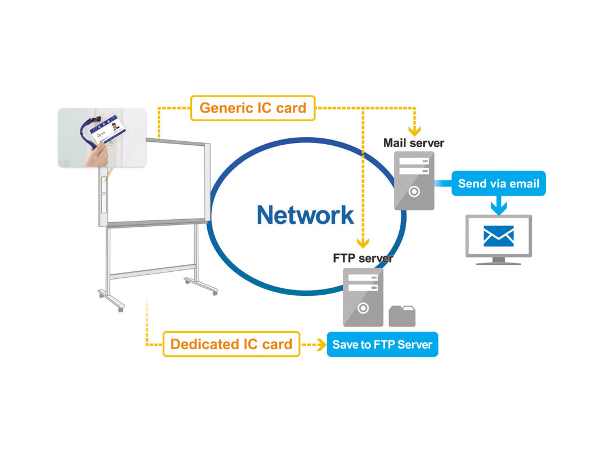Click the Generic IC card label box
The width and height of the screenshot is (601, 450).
click(253, 108)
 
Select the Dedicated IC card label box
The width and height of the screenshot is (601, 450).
click(231, 345)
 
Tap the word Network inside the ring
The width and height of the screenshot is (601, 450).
click(305, 215)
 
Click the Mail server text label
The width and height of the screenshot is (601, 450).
click(414, 142)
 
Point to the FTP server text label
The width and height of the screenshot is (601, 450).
click(363, 258)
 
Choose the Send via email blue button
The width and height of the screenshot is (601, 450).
click(498, 183)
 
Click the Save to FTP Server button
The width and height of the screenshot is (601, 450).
click(382, 345)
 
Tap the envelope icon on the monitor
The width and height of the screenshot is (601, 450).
click(498, 236)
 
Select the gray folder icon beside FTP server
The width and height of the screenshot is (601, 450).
click(402, 316)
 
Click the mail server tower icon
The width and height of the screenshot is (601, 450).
click(414, 180)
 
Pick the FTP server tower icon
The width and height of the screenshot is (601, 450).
click(363, 296)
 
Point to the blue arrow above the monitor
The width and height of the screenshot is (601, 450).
click(498, 205)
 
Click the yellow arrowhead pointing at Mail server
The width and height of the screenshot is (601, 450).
click(414, 131)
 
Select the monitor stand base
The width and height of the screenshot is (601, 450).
click(498, 261)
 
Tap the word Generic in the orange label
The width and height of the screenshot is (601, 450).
click(225, 108)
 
